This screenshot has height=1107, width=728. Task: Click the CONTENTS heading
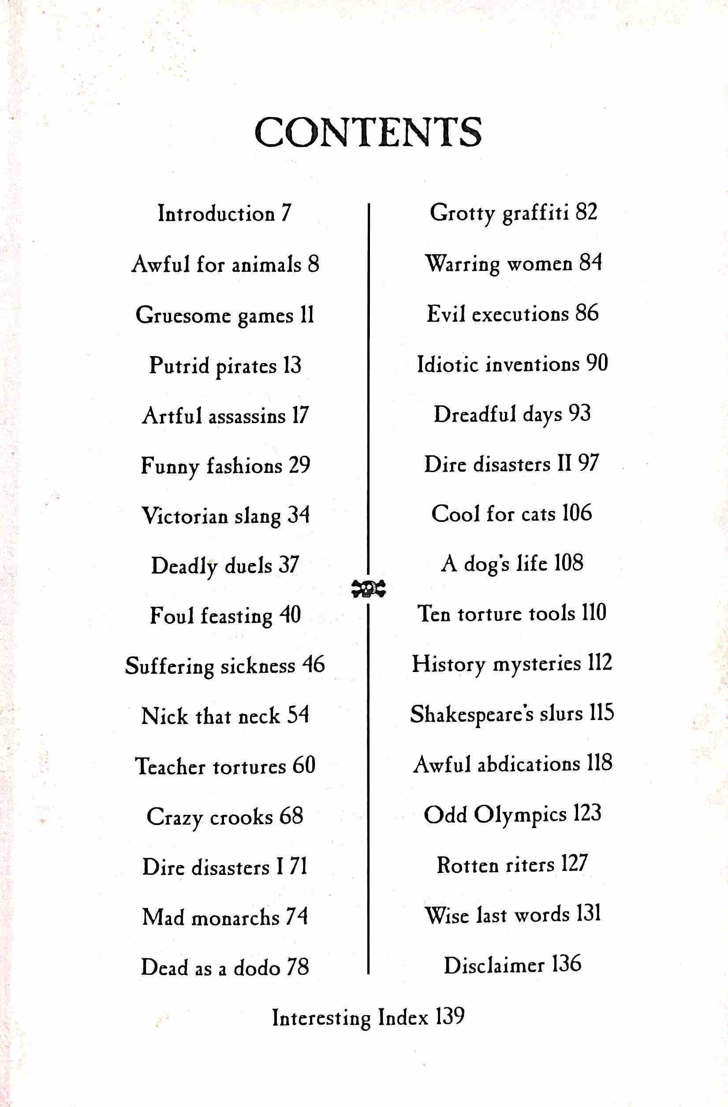point(368,132)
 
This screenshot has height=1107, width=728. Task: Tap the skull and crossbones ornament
point(368,589)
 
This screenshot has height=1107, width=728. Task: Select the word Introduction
point(216,214)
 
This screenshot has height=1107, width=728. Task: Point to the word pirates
point(246,366)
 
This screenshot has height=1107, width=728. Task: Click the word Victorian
point(184,516)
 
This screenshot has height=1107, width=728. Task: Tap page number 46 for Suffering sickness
point(314,665)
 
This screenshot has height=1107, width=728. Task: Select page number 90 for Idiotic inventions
point(597,363)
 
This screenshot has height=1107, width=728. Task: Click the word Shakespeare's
point(472,715)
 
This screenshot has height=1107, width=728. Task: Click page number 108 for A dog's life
point(568,563)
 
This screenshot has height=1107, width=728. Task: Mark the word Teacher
point(170,766)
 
